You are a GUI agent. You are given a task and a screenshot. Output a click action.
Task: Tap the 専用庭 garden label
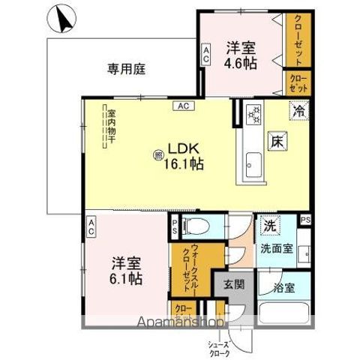(x=125, y=69)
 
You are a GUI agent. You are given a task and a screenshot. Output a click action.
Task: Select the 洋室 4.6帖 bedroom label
(x=241, y=55)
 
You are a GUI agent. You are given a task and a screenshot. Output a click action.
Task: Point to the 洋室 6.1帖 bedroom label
(x=127, y=271)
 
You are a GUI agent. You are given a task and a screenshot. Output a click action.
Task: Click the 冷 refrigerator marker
(x=298, y=110)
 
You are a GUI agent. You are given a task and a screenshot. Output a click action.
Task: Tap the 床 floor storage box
(x=276, y=140)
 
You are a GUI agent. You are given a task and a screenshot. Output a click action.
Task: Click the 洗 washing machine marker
(x=268, y=224)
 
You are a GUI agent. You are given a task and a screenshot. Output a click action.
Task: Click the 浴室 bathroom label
(x=284, y=286)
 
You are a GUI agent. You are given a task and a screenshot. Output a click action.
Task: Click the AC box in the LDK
(x=182, y=106)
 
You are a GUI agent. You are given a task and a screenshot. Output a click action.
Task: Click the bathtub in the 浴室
(x=283, y=313)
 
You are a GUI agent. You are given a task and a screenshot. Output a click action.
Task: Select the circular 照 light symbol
(x=158, y=155)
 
